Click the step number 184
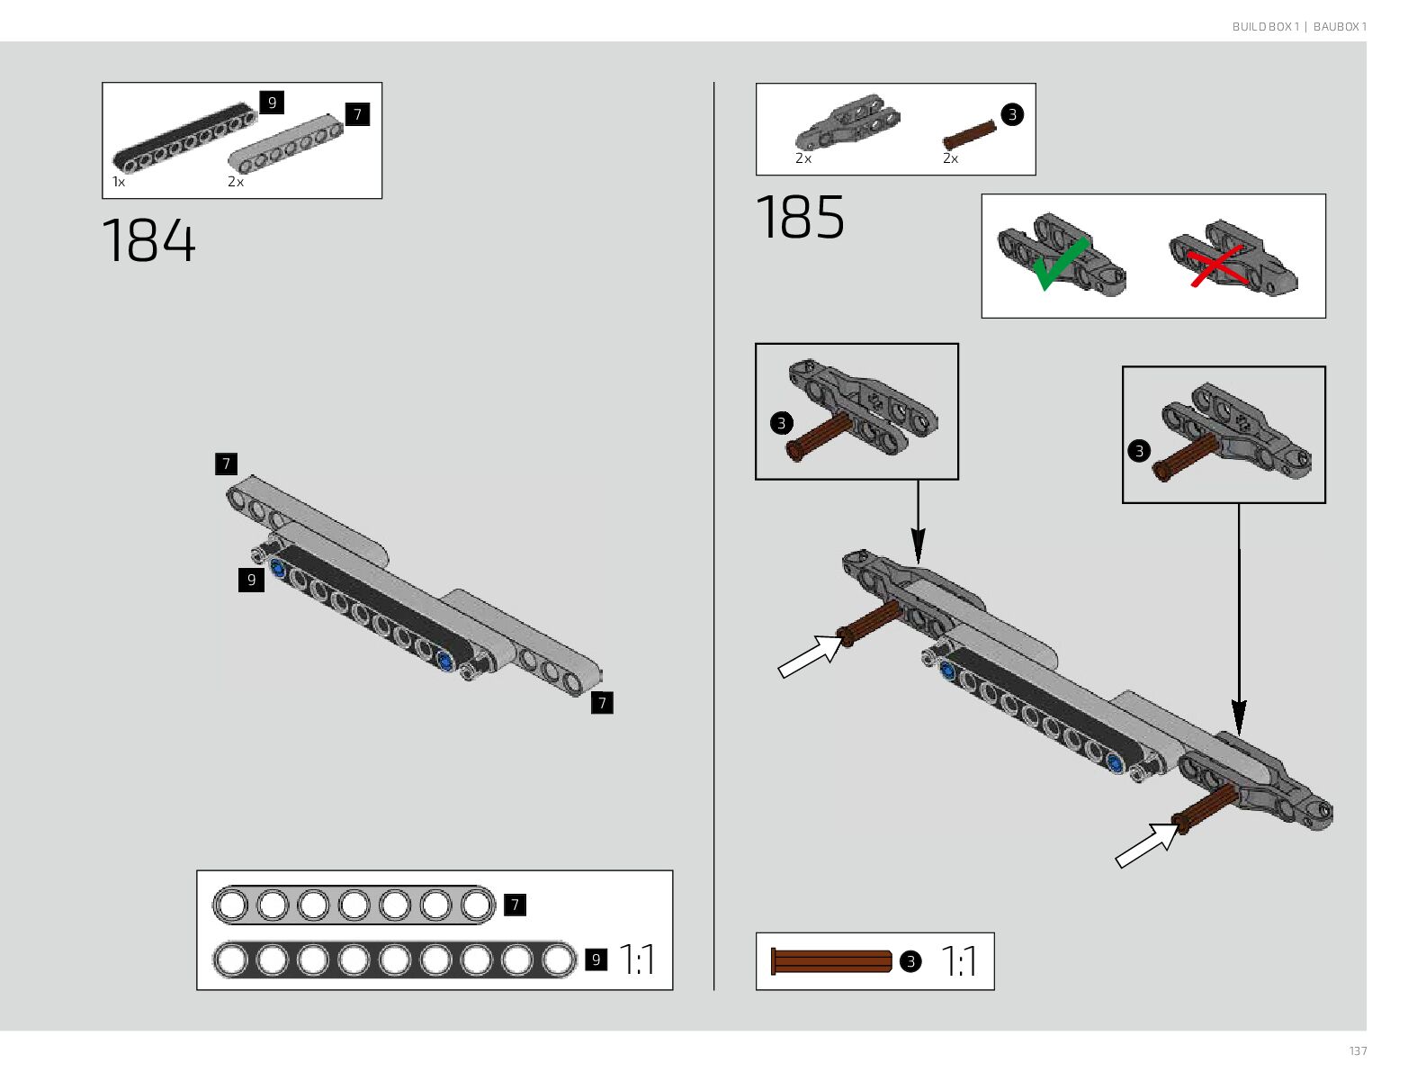coord(148,240)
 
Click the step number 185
coord(800,218)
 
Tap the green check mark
coord(1061,264)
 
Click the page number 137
coord(1357,1050)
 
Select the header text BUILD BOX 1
coord(1265,27)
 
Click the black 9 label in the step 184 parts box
coord(272,103)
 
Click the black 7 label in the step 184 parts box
coord(357,114)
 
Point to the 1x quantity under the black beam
coord(119,182)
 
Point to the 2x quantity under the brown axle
coord(950,158)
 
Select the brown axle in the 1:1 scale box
coord(830,961)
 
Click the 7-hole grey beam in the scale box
coord(354,905)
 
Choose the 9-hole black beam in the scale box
coord(394,959)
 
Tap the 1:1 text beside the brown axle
coord(959,961)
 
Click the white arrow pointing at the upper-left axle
coord(809,655)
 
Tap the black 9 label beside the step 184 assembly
coord(251,581)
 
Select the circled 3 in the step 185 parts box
coord(1012,114)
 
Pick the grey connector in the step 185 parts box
coord(846,122)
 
